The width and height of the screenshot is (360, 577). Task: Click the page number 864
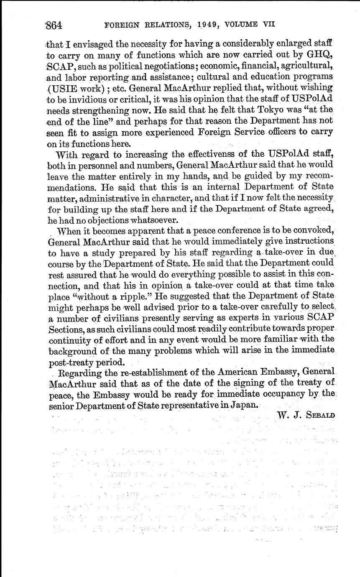[53, 25]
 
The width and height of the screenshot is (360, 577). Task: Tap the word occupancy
[276, 393]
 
